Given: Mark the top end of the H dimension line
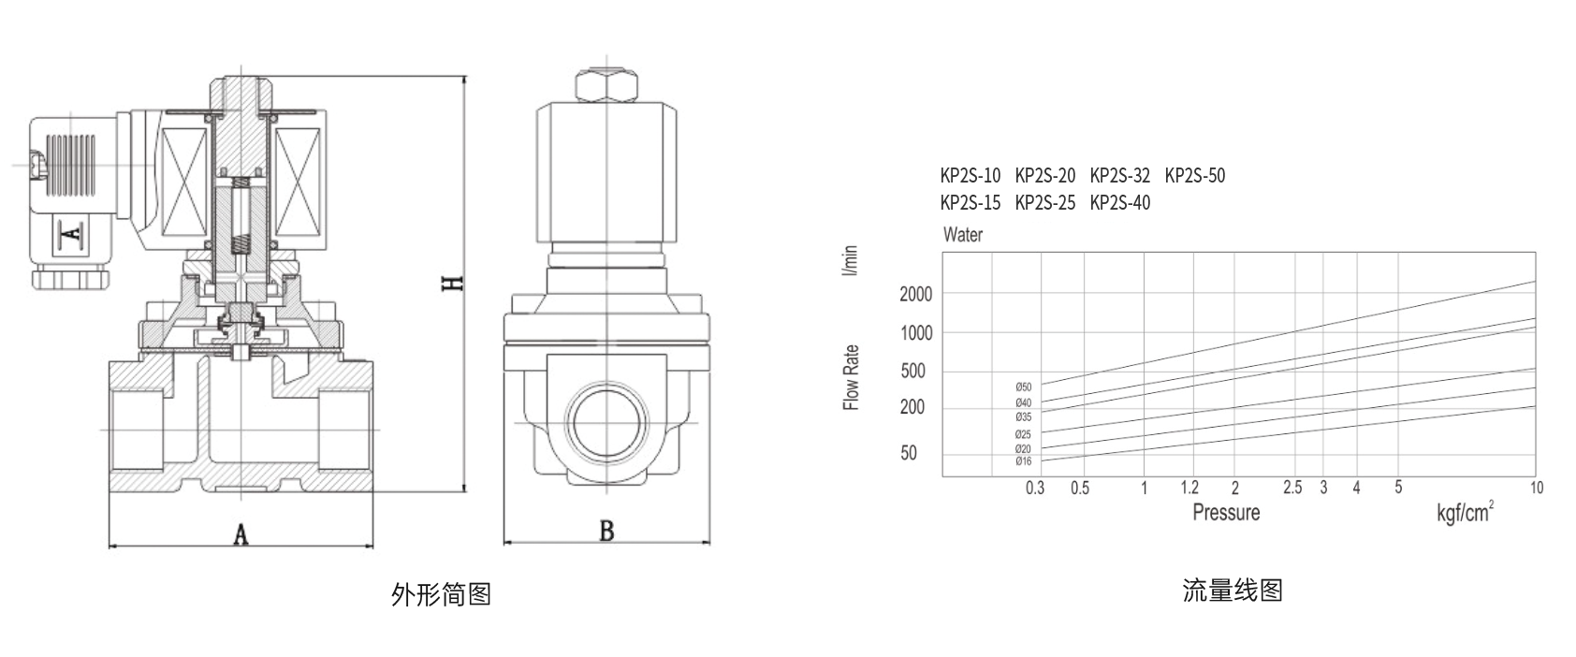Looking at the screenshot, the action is [463, 76].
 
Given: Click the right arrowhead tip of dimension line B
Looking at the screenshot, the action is [709, 542].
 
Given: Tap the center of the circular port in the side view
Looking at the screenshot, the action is [606, 423].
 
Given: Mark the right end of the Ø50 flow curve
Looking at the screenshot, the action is [1535, 282].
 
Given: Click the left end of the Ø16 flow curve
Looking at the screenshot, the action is [1042, 460].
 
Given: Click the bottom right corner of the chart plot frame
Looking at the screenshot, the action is [1536, 476].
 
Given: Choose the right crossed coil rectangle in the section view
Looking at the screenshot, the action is [298, 184].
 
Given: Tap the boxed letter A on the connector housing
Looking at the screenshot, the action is [72, 232].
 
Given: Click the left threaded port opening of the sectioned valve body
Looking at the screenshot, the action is [138, 430].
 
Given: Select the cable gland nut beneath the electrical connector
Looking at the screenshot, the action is [71, 277].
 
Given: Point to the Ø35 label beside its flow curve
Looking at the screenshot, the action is [1023, 417].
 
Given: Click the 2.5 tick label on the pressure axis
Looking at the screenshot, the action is [1292, 488].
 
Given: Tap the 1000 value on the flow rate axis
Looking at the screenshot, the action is [916, 333].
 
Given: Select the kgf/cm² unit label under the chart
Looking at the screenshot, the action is [1466, 512].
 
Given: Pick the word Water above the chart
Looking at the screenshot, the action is [962, 234].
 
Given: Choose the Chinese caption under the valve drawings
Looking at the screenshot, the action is [441, 594].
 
